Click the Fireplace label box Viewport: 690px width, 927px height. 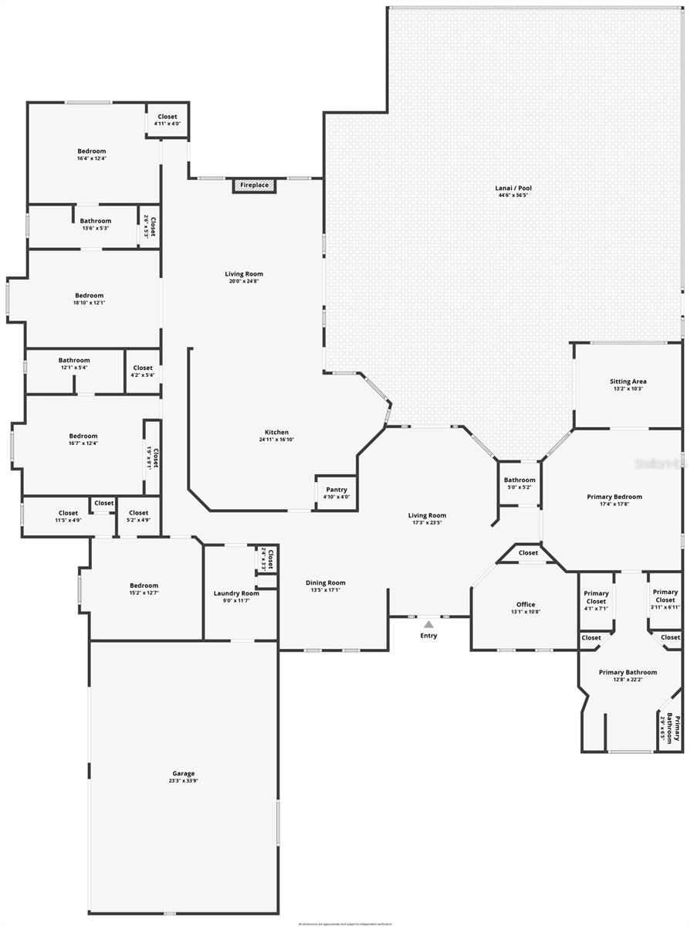click(254, 185)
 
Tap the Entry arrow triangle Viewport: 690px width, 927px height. click(428, 624)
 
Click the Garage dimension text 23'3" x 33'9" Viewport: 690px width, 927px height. click(184, 781)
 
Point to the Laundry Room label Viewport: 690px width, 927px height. click(236, 593)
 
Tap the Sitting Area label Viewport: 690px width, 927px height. click(627, 382)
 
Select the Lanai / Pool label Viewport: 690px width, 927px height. click(513, 188)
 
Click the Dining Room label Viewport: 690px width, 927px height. click(326, 583)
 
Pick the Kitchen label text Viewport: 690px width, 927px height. click(276, 433)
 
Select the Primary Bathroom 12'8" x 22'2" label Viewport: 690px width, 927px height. click(627, 672)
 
